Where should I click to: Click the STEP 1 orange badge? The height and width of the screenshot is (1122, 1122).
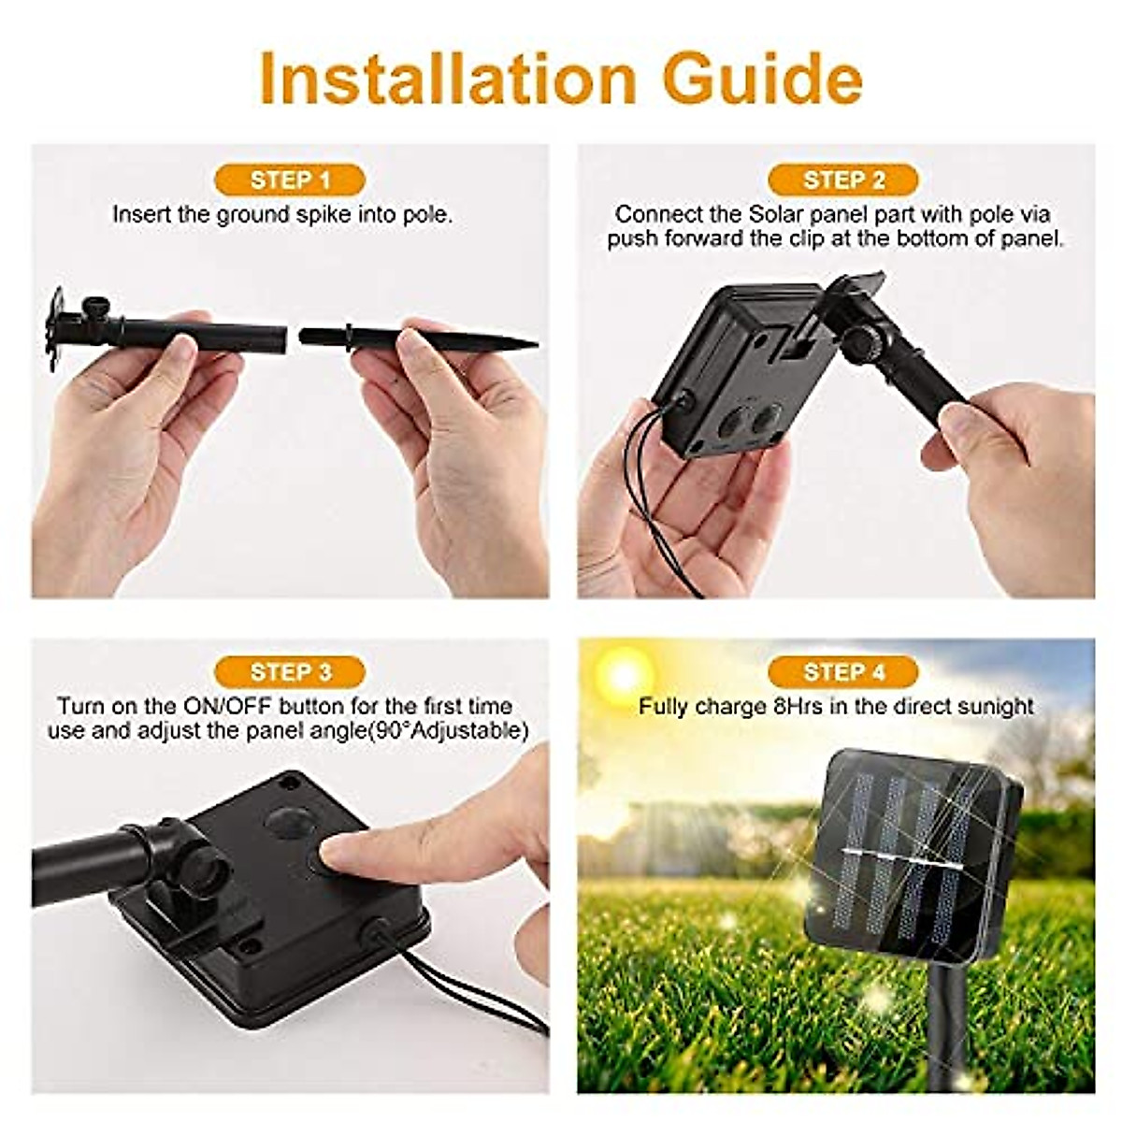(x=290, y=180)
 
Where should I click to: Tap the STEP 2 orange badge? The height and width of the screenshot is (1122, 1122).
(x=843, y=180)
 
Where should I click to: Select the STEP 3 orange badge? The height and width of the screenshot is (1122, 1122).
(x=290, y=671)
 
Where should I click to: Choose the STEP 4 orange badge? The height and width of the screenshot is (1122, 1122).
(x=843, y=671)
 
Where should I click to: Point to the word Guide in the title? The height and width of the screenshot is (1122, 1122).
(x=762, y=79)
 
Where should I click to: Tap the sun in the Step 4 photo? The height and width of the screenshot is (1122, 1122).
(x=624, y=671)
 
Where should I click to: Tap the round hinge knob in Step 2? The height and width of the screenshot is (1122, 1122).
(x=860, y=344)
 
